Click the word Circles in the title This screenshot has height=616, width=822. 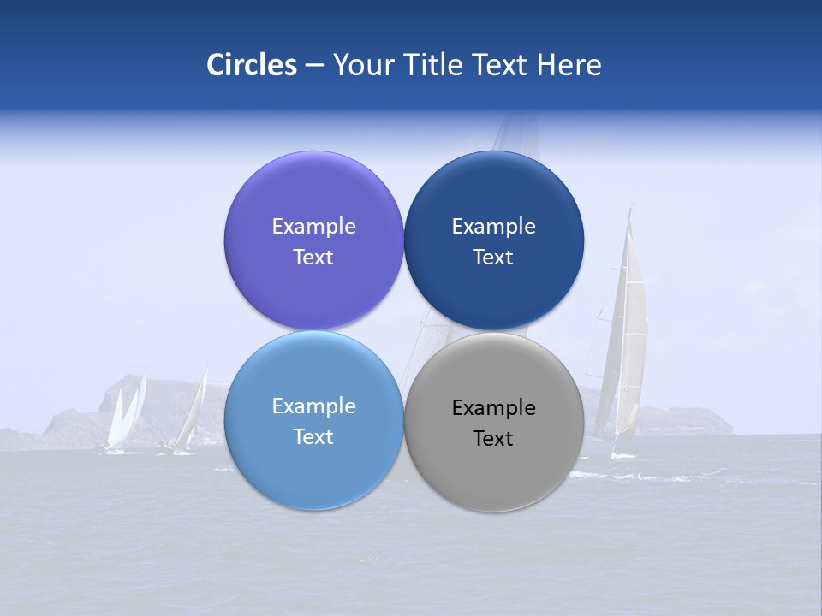click(252, 65)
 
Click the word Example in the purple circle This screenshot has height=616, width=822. click(313, 226)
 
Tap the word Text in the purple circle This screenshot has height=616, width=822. click(313, 257)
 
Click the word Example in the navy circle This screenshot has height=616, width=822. click(493, 226)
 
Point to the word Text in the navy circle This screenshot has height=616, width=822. click(493, 257)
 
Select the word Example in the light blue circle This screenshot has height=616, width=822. click(313, 406)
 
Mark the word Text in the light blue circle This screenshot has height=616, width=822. click(313, 436)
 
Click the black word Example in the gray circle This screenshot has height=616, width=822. click(493, 407)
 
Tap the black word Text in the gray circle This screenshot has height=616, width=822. click(493, 438)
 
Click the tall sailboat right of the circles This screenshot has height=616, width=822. click(628, 342)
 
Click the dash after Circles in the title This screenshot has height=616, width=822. click(314, 66)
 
